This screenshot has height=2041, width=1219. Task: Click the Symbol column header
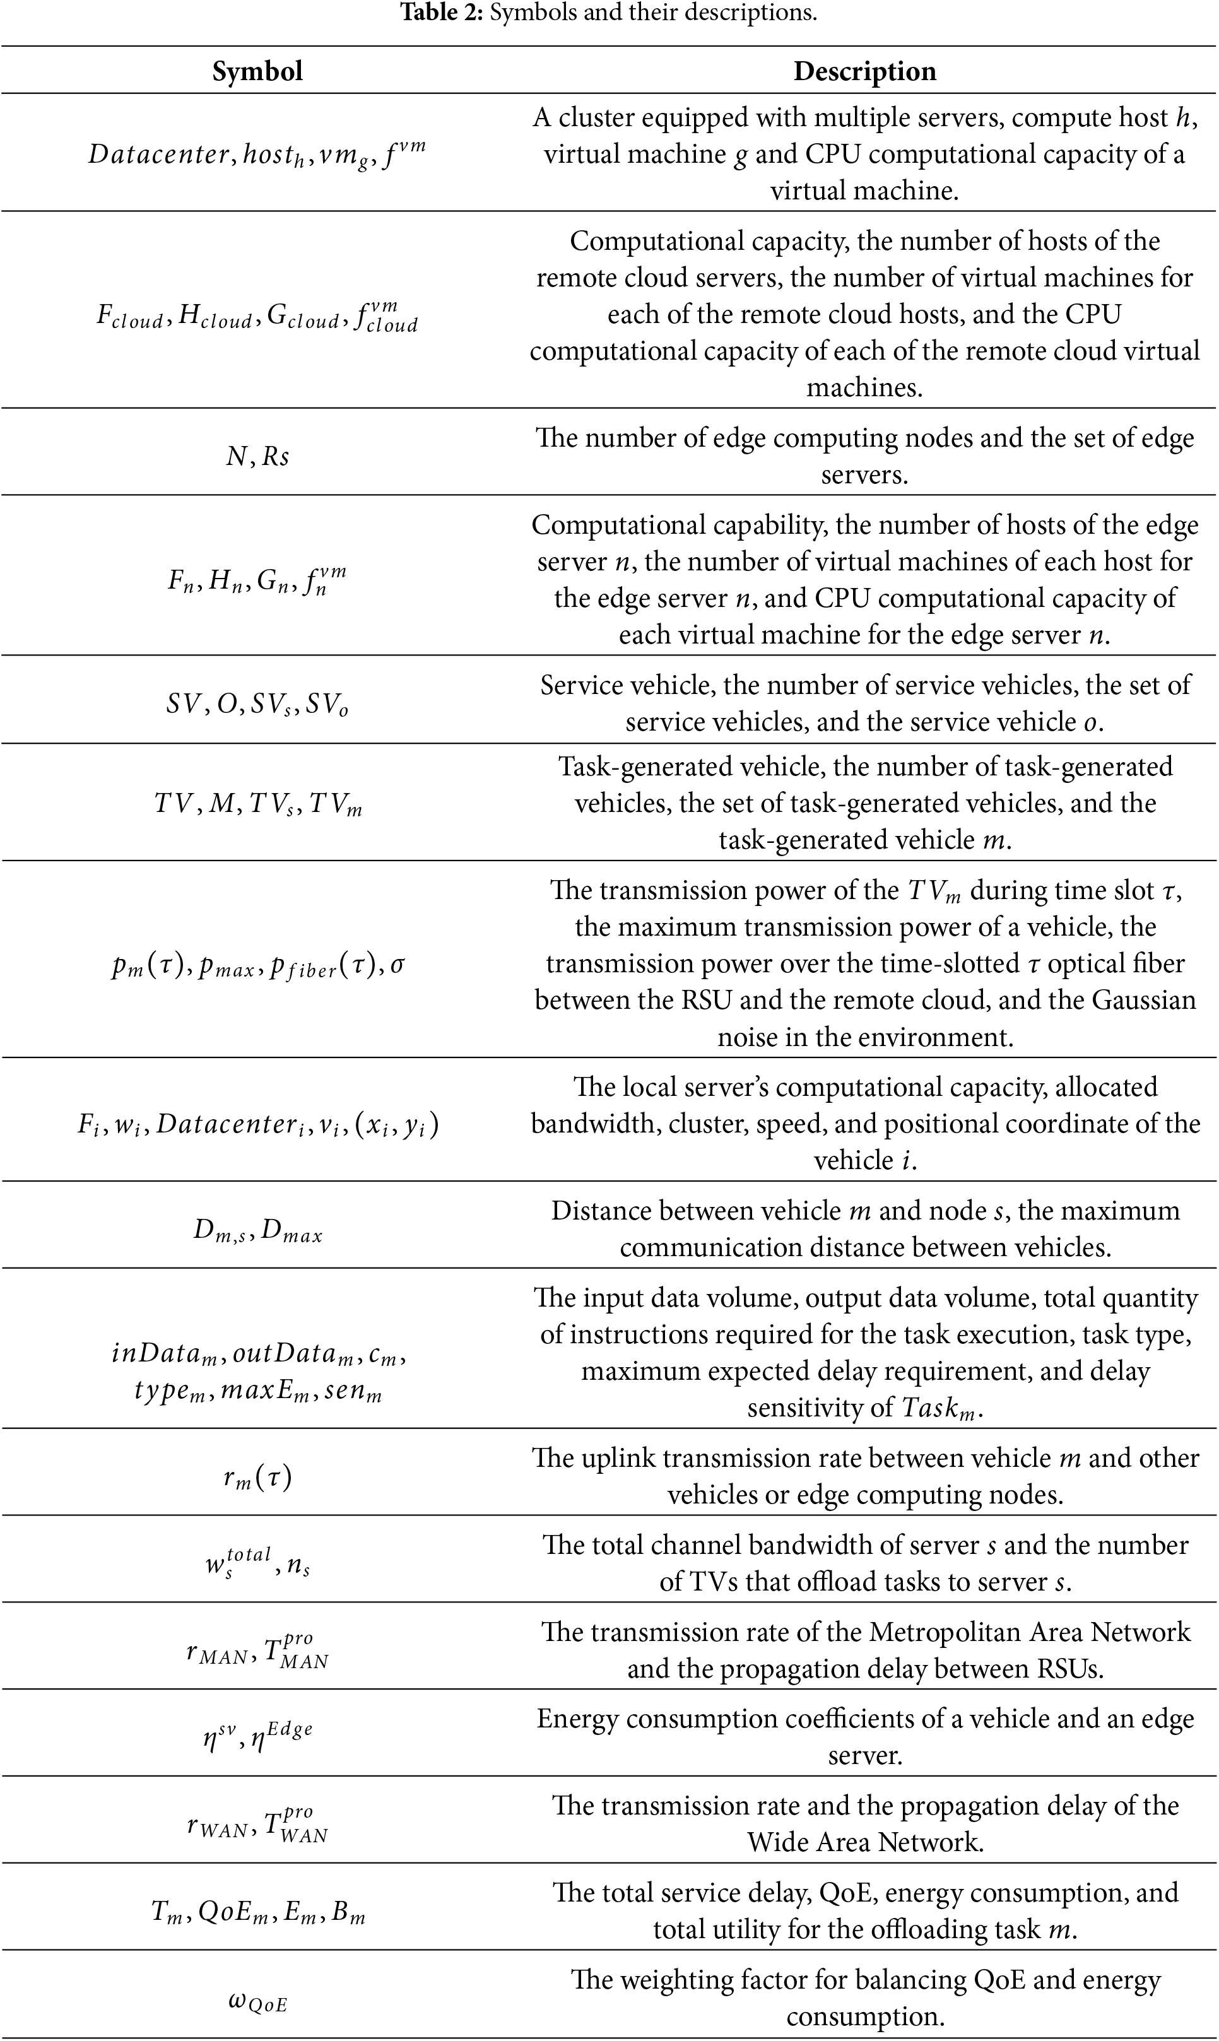(x=257, y=71)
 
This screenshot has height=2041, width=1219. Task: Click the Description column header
(x=864, y=71)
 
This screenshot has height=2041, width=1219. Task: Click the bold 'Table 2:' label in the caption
(x=441, y=13)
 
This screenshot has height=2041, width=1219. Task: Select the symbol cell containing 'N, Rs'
(x=257, y=456)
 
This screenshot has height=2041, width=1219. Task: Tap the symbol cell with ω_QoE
(x=257, y=2003)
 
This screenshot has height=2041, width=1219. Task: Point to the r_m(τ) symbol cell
(x=257, y=1478)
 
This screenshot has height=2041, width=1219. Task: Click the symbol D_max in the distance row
(x=291, y=1232)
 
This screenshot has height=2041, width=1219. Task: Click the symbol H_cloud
(x=215, y=319)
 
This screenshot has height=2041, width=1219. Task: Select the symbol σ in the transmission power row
(x=397, y=964)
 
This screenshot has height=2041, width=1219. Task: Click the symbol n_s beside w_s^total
(x=298, y=1568)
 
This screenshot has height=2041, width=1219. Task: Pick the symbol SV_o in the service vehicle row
(x=327, y=705)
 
